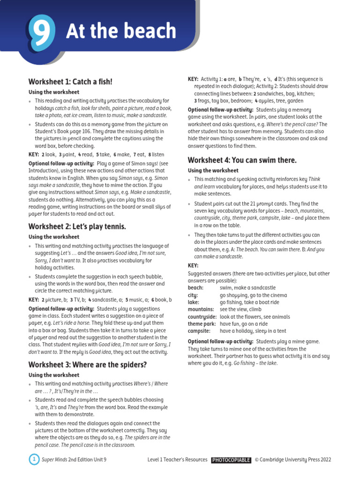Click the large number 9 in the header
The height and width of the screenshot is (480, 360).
(41, 31)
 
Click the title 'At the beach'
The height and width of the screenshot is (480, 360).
(121, 31)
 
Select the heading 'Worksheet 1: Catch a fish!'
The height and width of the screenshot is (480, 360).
(70, 82)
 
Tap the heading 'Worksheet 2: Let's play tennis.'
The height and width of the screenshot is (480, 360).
(77, 226)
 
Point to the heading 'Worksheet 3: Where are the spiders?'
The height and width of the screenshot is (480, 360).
(87, 364)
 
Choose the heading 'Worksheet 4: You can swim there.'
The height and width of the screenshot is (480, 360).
(242, 160)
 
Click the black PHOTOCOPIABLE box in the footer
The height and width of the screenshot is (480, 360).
(231, 460)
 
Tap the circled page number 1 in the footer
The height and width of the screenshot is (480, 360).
(34, 459)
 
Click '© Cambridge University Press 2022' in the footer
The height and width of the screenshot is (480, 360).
(293, 460)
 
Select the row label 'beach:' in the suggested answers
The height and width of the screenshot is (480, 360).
(196, 288)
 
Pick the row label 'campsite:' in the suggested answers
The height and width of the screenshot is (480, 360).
(200, 331)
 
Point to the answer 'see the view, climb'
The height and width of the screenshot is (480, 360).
(241, 309)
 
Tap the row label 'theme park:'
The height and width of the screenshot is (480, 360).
(202, 324)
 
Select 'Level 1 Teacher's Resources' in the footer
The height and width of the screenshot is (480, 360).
(177, 460)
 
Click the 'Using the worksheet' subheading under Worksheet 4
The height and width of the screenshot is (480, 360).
(213, 171)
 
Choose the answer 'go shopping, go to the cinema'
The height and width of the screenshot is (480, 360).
(253, 295)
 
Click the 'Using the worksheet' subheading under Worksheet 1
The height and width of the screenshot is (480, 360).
(54, 92)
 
